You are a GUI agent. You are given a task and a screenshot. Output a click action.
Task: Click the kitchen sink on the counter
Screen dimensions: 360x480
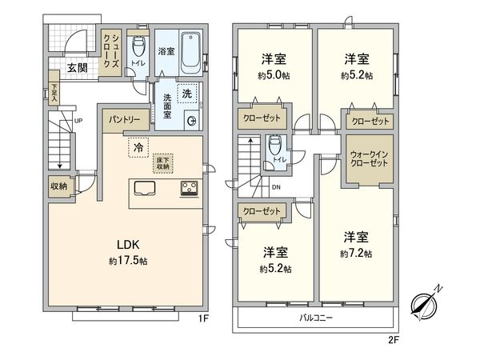point(146,189)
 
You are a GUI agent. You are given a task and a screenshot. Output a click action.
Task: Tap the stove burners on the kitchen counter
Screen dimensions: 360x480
point(190,189)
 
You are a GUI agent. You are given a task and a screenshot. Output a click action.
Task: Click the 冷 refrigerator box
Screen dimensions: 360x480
point(138,147)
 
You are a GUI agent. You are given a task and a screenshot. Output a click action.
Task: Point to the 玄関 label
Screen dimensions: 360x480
point(78,68)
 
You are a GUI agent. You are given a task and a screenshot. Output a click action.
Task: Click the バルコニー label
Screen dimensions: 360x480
point(316,318)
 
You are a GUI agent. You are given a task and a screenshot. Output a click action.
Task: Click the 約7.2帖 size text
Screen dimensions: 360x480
point(357,253)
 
